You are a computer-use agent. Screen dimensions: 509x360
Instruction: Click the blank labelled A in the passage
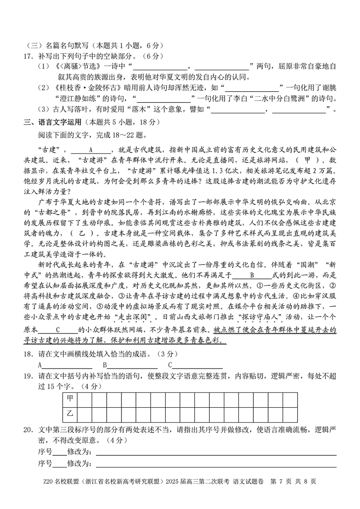[x=91, y=149]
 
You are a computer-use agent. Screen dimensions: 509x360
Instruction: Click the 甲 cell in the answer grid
[x=70, y=398]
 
